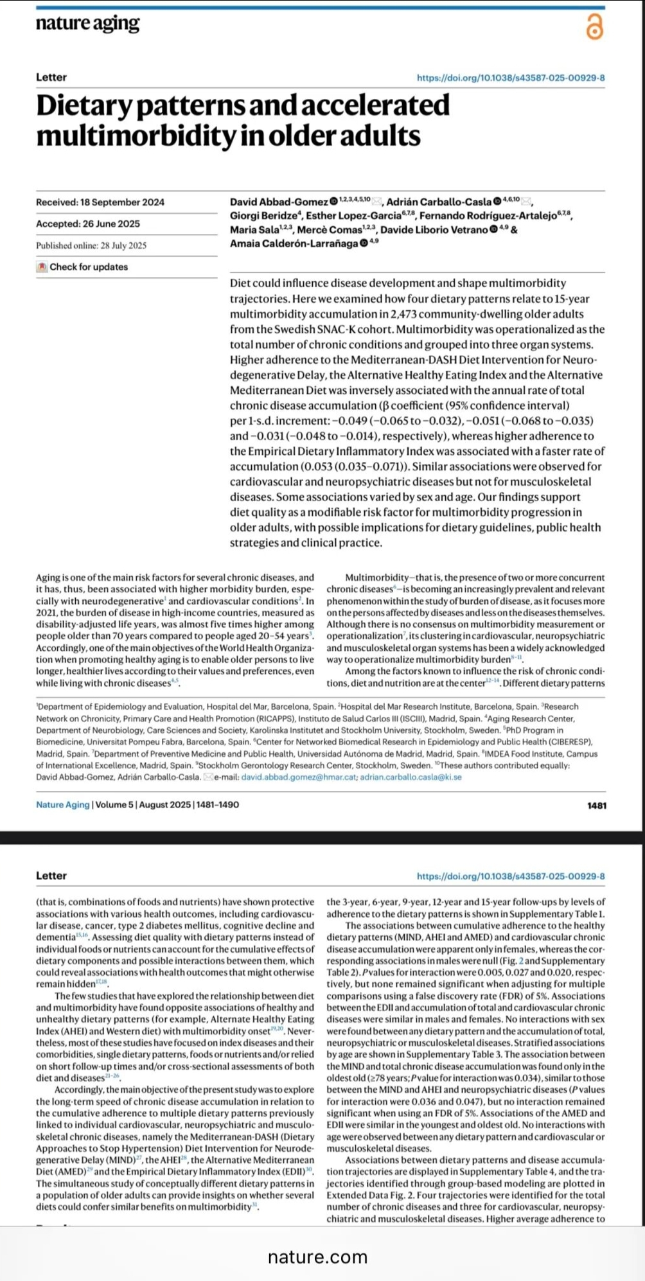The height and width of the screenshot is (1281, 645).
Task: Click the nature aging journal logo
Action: point(87,24)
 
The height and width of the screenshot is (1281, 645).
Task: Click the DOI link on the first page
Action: point(511,78)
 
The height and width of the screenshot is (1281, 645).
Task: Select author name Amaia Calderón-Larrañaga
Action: point(294,243)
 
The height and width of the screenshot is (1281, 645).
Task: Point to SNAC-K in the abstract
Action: point(335,330)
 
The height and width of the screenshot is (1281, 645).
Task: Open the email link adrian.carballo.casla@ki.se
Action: point(411,777)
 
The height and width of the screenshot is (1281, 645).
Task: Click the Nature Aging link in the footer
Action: point(63,805)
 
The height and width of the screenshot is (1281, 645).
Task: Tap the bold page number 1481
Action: point(596,806)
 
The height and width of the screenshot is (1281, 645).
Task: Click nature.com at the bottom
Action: point(317,1257)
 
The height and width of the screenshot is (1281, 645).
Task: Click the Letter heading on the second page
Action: point(51,876)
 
